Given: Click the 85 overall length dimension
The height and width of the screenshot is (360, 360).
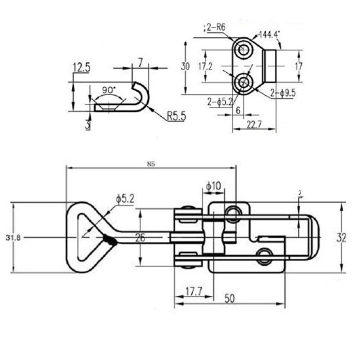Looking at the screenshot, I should pyautogui.click(x=151, y=164).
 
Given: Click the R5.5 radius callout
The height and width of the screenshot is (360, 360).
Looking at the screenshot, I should pyautogui.click(x=176, y=116).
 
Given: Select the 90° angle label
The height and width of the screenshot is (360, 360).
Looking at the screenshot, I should pyautogui.click(x=108, y=89).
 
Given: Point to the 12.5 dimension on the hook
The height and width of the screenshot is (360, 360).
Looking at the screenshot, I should pyautogui.click(x=82, y=67).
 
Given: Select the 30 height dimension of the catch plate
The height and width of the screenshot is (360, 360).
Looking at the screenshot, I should pyautogui.click(x=185, y=67).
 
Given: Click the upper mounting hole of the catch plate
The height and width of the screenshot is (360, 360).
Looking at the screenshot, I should pyautogui.click(x=244, y=50).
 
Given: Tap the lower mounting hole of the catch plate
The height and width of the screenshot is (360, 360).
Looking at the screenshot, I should pyautogui.click(x=244, y=82).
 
